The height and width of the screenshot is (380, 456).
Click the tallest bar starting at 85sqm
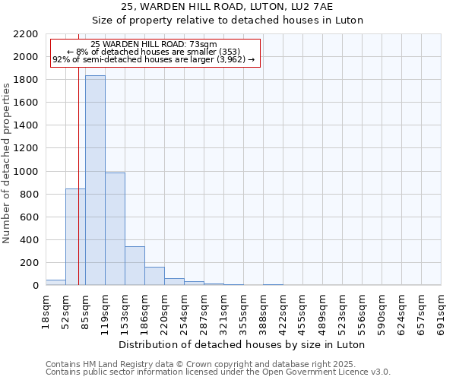(x=95, y=180)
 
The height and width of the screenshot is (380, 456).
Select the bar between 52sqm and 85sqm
(x=75, y=236)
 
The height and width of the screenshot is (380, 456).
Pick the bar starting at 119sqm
(x=115, y=229)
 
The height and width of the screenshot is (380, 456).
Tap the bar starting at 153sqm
(x=135, y=265)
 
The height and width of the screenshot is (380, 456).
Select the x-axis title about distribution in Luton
(x=243, y=345)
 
